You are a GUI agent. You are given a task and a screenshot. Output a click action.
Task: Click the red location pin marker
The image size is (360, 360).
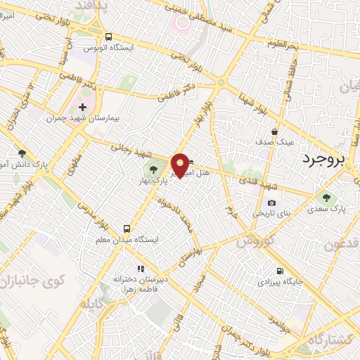click(181, 165)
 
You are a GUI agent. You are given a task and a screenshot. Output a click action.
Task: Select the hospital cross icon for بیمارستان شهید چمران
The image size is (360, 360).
click(83, 108)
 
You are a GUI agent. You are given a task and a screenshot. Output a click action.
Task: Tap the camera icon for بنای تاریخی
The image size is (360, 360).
click(271, 202)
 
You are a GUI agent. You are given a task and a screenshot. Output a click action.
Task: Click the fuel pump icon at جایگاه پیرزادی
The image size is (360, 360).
click(281, 271)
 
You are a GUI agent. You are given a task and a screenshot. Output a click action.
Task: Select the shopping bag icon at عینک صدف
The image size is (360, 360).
click(275, 131)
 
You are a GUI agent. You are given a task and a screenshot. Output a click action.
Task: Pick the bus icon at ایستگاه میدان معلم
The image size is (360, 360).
click(127, 229)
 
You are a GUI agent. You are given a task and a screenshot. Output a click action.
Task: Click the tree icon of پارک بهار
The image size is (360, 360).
click(154, 169)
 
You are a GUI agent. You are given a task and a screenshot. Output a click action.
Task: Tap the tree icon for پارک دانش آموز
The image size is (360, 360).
click(22, 153)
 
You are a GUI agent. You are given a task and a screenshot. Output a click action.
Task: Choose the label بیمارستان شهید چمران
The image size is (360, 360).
click(83, 119)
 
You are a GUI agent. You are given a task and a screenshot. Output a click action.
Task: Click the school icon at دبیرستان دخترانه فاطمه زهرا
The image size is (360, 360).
click(141, 268)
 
